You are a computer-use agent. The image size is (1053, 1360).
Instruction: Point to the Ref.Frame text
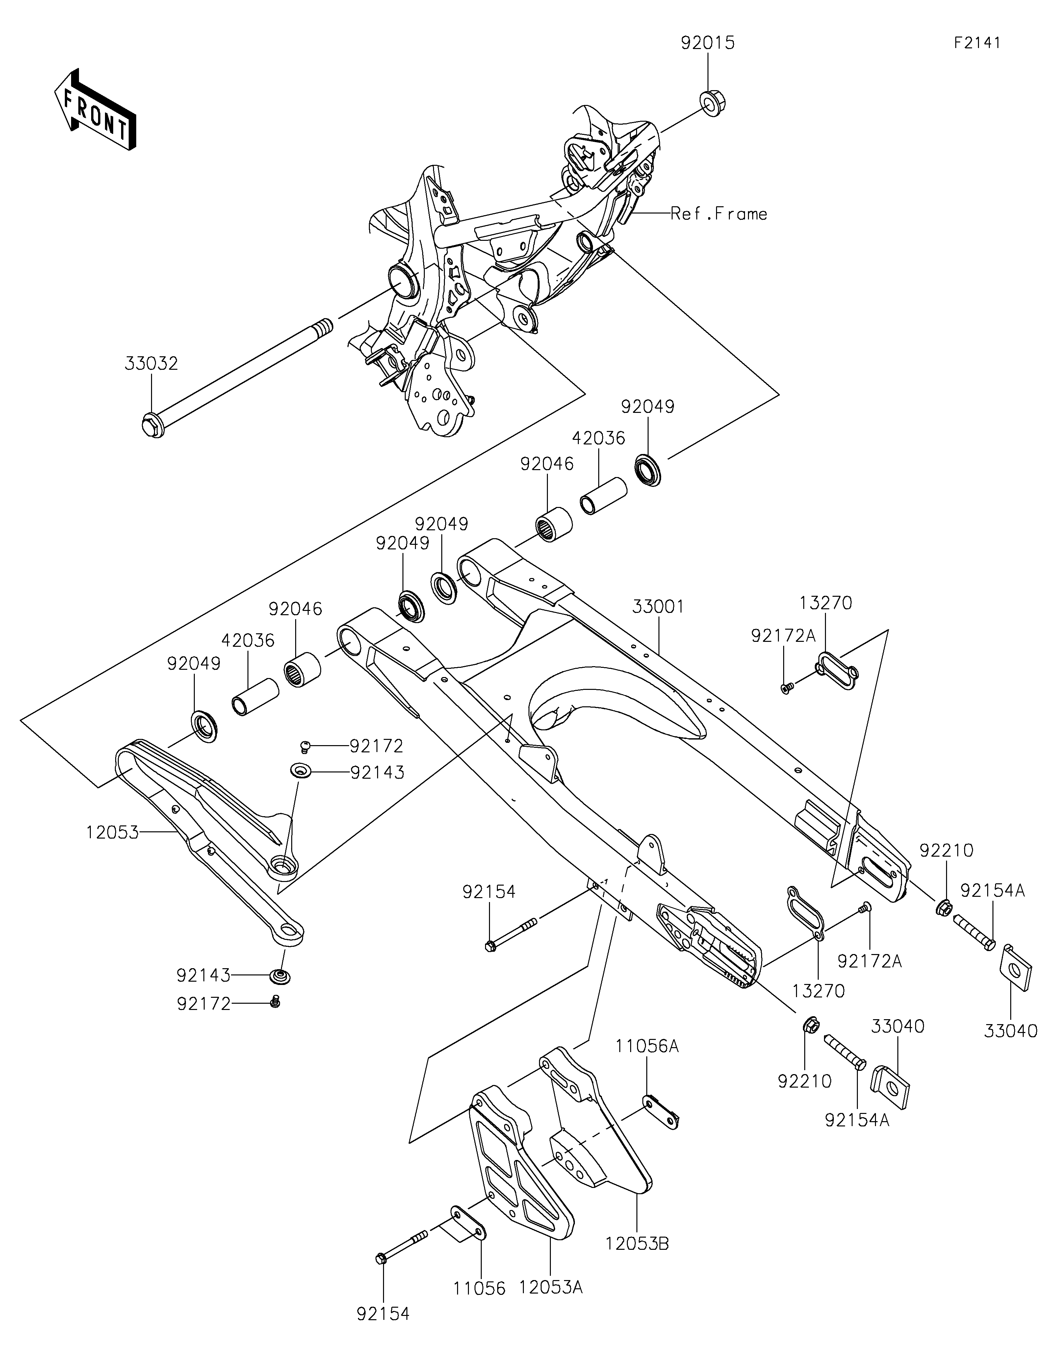coord(719,214)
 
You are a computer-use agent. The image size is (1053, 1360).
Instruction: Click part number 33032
coord(151,364)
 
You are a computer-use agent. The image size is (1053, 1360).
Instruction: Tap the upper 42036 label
coord(599,439)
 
